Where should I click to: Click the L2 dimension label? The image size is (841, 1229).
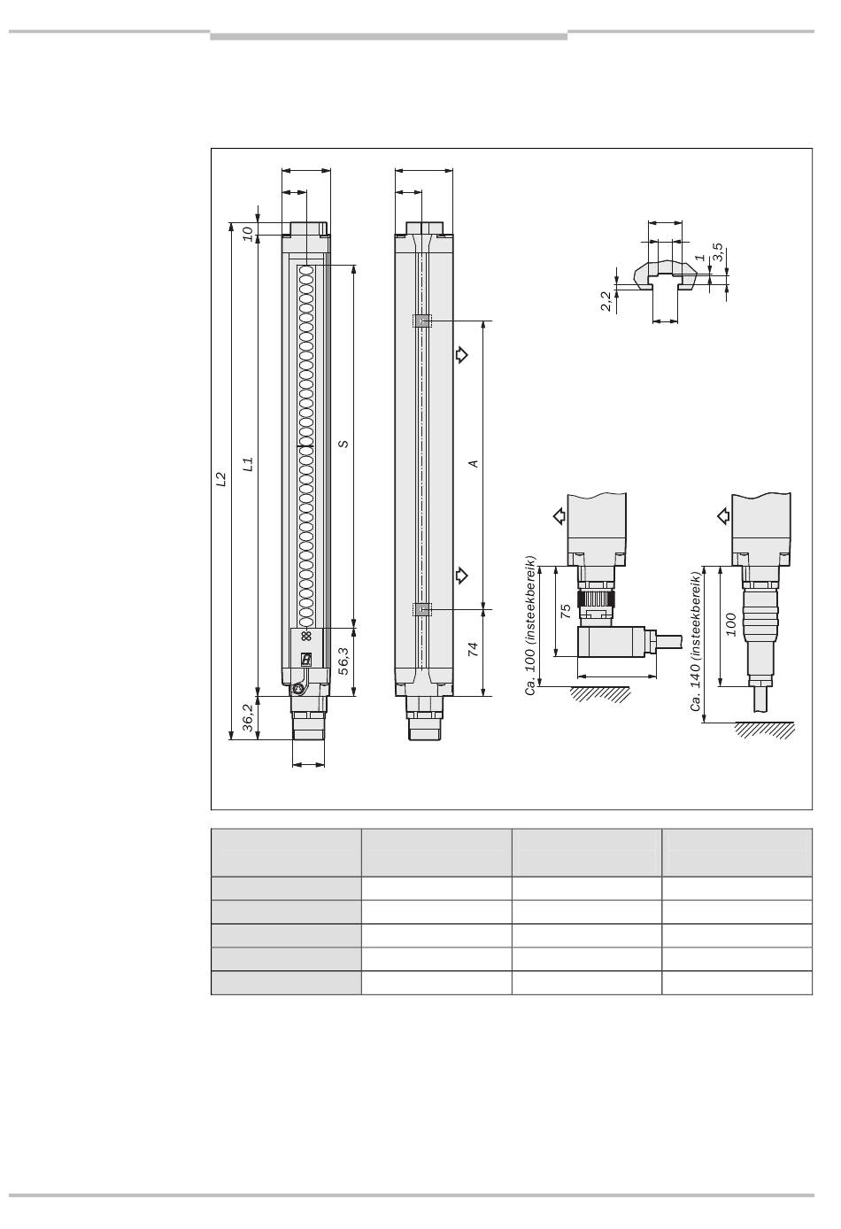[221, 479]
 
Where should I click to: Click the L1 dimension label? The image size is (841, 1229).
[248, 465]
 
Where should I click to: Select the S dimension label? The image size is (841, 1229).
[344, 444]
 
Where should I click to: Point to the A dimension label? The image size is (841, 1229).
[474, 464]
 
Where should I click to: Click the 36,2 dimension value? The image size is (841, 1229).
[248, 717]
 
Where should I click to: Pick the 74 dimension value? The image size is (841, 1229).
[473, 649]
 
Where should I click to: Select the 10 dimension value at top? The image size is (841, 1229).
[248, 234]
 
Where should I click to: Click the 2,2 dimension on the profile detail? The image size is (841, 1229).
[606, 301]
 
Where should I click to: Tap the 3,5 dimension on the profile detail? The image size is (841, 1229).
[718, 252]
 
